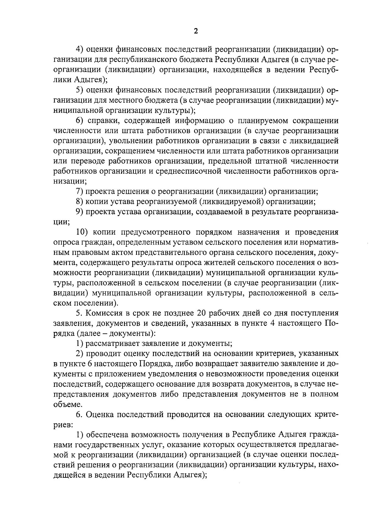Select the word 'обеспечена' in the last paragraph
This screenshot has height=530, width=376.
coord(107,435)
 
